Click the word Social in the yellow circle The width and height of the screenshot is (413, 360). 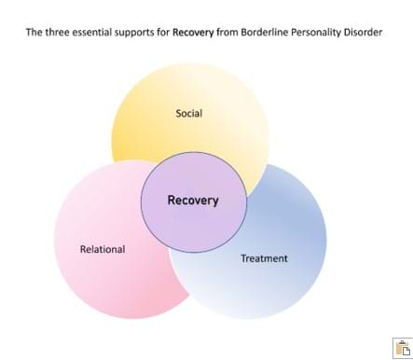[x=189, y=114]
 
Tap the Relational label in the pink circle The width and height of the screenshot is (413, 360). [x=103, y=249]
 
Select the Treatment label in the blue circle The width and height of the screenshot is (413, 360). [x=265, y=258]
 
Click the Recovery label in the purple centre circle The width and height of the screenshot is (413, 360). [x=193, y=200]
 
